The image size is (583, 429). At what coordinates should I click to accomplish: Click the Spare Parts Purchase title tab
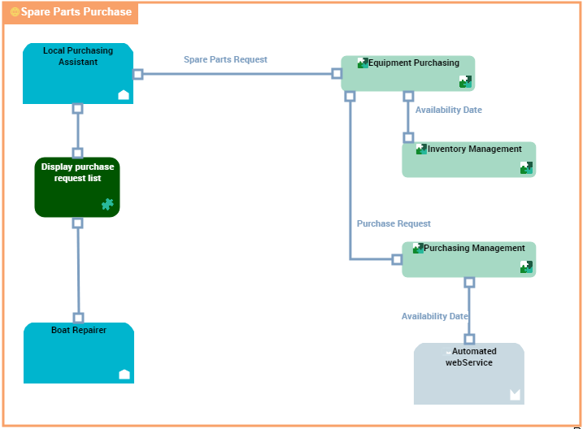pos(71,12)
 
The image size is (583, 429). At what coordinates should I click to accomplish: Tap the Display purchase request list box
pos(77,188)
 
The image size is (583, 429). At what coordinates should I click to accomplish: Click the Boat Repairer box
pos(78,353)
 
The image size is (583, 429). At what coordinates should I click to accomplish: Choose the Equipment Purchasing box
pos(407,74)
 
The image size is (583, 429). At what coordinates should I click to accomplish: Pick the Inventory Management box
pos(469,160)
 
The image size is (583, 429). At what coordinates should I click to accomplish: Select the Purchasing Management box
pos(469,259)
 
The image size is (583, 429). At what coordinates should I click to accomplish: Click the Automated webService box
pos(469,374)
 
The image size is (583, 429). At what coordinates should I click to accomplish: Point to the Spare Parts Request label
pos(225,59)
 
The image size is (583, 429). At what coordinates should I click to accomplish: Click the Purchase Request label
pos(394,223)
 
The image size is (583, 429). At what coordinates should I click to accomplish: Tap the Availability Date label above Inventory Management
pos(449,110)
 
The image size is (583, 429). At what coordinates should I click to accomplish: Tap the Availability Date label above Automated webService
pos(435,316)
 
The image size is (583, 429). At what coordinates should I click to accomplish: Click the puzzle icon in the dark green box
pos(107,205)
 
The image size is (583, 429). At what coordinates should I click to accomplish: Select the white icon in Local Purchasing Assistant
pos(124,95)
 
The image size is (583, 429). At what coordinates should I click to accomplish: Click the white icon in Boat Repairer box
pos(124,374)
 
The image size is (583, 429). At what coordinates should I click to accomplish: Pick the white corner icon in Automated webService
pos(515,395)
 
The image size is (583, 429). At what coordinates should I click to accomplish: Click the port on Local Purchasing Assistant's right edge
pos(137,74)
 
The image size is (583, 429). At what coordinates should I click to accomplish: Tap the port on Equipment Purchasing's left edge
pos(337,73)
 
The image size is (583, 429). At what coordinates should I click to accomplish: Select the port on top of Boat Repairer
pos(78,318)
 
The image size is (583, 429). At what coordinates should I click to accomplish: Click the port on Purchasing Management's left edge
pos(397,259)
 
